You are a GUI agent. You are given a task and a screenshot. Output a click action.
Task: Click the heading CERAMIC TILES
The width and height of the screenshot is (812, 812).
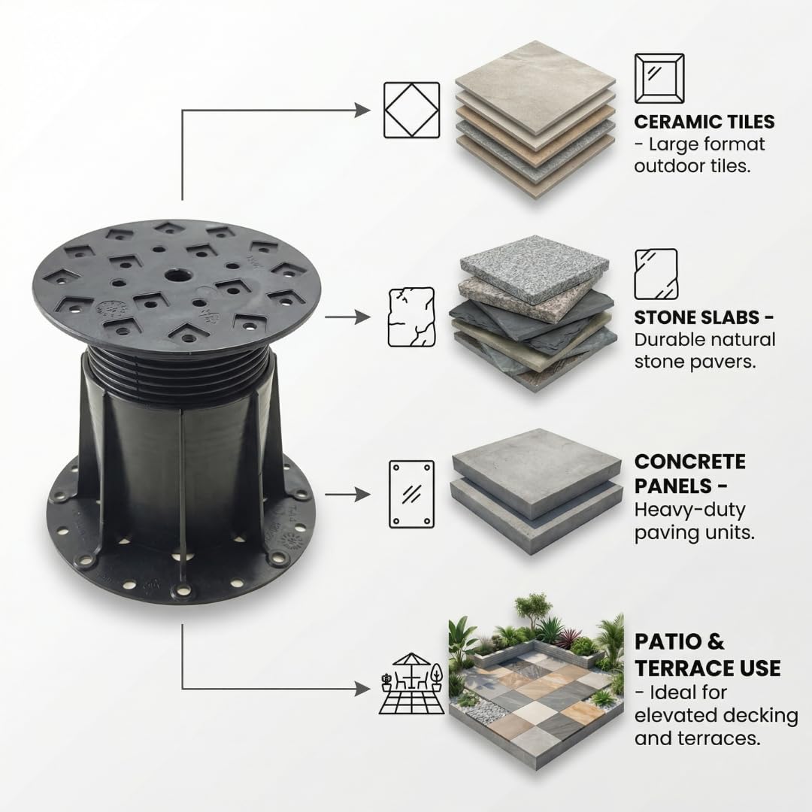(x=704, y=122)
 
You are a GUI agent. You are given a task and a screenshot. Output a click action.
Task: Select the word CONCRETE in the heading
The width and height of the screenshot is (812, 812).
(x=689, y=462)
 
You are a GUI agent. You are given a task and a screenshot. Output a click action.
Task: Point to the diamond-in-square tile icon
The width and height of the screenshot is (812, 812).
(x=412, y=111)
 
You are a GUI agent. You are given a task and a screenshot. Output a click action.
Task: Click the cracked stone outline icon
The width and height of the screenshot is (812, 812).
(x=412, y=317)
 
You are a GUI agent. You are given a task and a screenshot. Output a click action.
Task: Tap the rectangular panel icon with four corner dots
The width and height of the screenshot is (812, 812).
(x=412, y=494)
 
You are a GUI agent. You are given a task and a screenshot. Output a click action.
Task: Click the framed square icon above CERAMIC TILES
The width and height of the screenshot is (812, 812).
(x=659, y=79)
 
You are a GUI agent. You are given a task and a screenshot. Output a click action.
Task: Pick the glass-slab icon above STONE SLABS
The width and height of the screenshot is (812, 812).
(x=656, y=274)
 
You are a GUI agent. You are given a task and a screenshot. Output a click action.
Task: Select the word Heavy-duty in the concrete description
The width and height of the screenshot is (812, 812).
(x=689, y=511)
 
